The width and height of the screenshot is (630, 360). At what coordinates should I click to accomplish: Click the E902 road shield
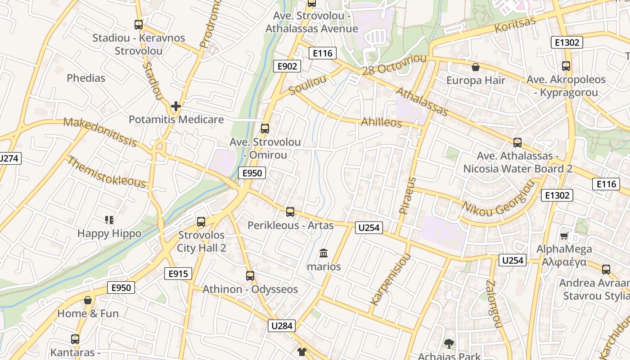point(287,66)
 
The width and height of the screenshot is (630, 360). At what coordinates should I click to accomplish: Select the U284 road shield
point(282,325)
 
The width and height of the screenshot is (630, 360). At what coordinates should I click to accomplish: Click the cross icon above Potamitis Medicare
point(176,107)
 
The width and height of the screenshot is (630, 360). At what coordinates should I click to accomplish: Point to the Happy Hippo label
point(109,234)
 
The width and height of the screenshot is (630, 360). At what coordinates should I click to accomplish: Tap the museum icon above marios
point(324,253)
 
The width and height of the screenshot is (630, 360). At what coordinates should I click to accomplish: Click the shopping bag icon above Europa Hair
point(476,67)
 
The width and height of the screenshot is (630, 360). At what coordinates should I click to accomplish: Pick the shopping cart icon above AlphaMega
point(564,236)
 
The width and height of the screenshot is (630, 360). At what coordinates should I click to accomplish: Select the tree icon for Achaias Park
point(449,344)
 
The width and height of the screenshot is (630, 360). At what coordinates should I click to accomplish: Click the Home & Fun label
point(88,314)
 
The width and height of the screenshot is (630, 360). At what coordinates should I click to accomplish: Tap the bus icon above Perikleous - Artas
point(290,211)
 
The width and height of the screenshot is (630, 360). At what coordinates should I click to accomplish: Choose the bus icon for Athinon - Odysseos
point(250,275)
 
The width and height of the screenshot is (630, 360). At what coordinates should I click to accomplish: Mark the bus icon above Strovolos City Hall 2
point(201,221)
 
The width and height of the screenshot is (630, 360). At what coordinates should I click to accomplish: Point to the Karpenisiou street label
point(391,279)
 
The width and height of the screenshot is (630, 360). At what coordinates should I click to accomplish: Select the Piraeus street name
point(408,195)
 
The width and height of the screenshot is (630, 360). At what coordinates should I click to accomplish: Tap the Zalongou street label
point(493,303)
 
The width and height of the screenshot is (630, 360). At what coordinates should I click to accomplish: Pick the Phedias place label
point(86,78)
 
